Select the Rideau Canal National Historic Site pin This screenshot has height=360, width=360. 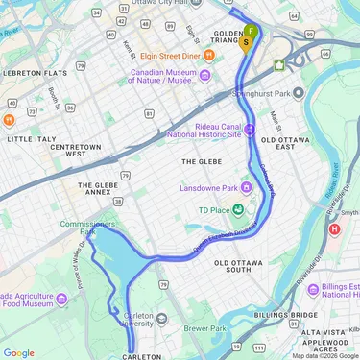pos(250,131)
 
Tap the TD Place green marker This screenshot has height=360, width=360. pos(237,210)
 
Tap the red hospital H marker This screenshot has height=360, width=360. pos(334,229)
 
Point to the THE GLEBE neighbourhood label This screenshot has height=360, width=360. pos(203,162)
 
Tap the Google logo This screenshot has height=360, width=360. pos(19,352)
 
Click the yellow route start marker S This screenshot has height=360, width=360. pos(248,41)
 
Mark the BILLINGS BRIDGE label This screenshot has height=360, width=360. pos(286,314)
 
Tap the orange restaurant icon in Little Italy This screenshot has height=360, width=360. pos(9,120)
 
